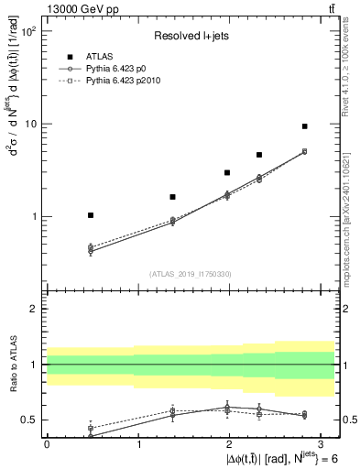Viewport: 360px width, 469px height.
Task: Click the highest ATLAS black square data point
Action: coord(304,126)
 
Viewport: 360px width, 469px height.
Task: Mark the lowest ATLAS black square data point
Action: coord(91,215)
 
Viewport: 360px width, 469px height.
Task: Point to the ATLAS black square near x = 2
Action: coord(227,172)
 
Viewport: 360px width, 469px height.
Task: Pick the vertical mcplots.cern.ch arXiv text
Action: coord(353,211)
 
